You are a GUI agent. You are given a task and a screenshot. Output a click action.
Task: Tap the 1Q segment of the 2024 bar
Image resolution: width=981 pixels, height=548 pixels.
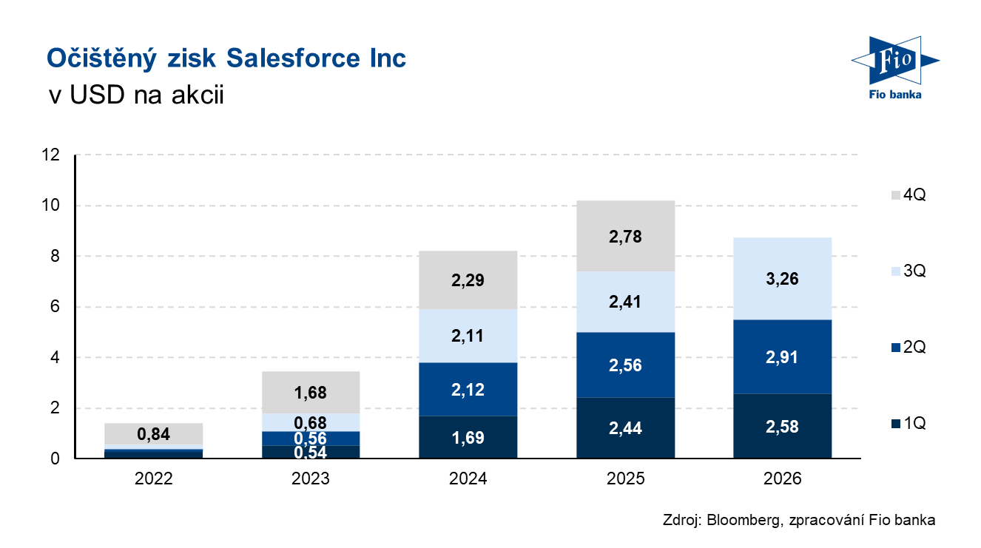(x=468, y=437)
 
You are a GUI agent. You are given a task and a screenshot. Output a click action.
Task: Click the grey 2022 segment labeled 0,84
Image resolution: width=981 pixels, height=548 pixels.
(x=154, y=433)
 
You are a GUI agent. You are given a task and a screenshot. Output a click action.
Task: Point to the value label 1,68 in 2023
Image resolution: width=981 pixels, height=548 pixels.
(x=311, y=393)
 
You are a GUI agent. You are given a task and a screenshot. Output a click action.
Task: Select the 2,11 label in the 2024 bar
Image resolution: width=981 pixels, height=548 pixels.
(x=468, y=336)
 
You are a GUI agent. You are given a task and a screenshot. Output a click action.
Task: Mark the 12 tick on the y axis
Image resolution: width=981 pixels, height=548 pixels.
(x=51, y=155)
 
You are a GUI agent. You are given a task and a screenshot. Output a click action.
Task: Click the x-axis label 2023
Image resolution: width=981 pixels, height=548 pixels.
(x=311, y=478)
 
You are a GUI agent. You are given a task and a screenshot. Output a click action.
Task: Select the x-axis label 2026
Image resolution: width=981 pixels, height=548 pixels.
(x=783, y=478)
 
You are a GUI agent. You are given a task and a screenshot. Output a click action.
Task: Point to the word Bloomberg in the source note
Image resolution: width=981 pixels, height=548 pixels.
(x=741, y=520)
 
